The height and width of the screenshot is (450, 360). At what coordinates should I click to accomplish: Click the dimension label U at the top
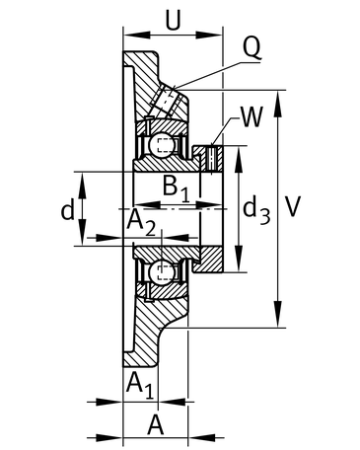(x=173, y=21)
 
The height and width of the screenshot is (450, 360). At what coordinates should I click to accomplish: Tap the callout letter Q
(x=252, y=47)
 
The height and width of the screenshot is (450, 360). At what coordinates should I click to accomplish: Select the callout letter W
(x=252, y=116)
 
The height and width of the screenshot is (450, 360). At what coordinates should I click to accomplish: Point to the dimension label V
(x=292, y=206)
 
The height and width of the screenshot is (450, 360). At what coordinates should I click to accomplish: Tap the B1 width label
(x=177, y=188)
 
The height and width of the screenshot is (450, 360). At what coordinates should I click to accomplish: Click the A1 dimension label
(x=140, y=385)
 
